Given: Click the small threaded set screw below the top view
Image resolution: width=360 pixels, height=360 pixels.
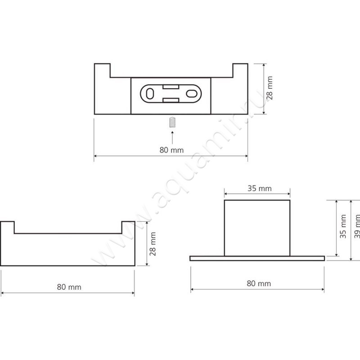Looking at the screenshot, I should [171, 122].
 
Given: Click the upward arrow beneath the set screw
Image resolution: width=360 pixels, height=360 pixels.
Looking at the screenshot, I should [171, 137].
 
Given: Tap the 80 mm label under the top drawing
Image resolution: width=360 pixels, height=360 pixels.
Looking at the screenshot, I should [171, 150].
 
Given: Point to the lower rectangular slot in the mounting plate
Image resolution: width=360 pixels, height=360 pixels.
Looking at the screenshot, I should [171, 100].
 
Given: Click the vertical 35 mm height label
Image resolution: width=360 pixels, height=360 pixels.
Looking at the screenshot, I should [343, 229].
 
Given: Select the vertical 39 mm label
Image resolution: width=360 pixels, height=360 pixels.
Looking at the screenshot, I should [357, 229].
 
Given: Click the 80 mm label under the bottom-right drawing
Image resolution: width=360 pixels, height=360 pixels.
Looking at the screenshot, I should [259, 283].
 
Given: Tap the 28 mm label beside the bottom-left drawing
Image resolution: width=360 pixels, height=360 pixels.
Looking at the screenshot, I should [153, 243].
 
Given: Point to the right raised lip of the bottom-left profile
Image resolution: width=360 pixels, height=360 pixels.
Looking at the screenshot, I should [128, 227].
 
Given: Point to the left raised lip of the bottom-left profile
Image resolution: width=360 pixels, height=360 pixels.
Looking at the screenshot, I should [8, 227].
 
